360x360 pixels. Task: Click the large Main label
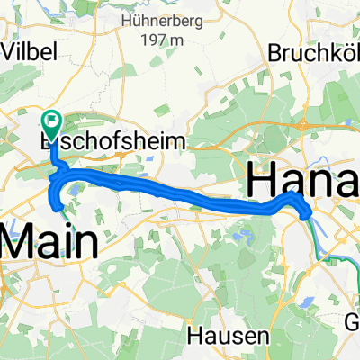(50, 243)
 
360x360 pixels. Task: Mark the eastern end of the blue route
(309, 214)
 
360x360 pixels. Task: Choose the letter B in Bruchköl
(274, 52)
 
